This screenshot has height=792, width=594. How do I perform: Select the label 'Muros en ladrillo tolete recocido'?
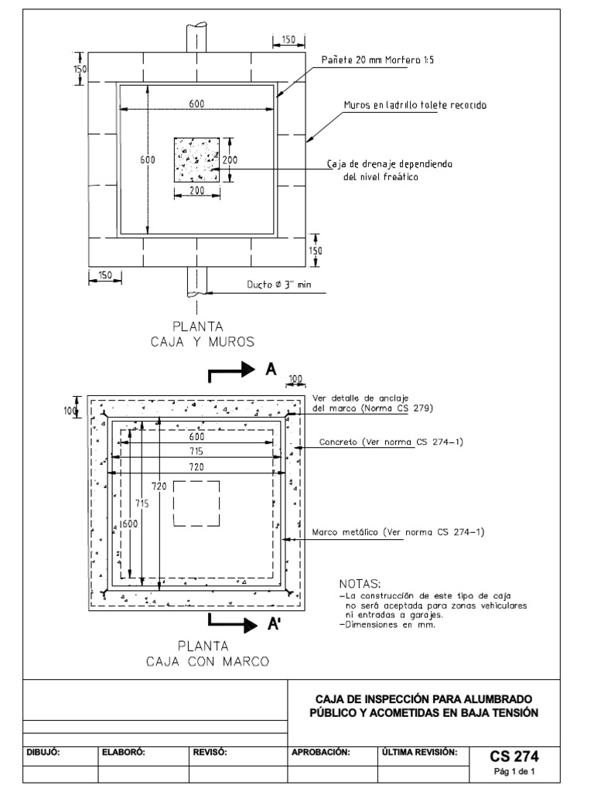pyautogui.click(x=415, y=105)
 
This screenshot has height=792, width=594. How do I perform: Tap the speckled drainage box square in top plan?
pyautogui.click(x=196, y=161)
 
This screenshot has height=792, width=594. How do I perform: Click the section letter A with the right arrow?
pyautogui.click(x=271, y=370)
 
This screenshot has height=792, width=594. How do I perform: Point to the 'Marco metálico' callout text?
pyautogui.click(x=397, y=531)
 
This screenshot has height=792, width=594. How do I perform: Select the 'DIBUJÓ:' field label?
pyautogui.click(x=44, y=751)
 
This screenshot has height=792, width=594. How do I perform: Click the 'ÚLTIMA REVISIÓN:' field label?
pyautogui.click(x=419, y=751)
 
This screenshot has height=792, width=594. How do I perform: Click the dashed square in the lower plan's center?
pyautogui.click(x=196, y=504)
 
